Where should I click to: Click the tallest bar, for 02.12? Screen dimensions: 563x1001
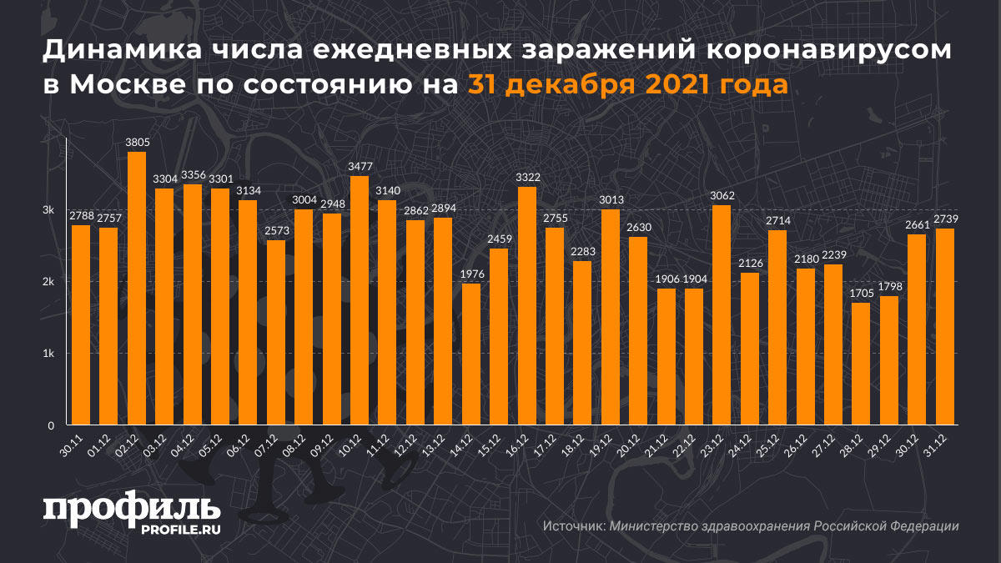(136, 288)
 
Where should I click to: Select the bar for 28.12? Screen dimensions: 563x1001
(860, 363)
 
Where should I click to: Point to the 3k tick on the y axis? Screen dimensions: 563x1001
(49, 209)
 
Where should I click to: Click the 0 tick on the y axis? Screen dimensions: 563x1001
(51, 425)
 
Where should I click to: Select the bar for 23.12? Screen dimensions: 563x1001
(722, 314)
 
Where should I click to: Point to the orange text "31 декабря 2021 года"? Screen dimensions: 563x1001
(627, 85)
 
